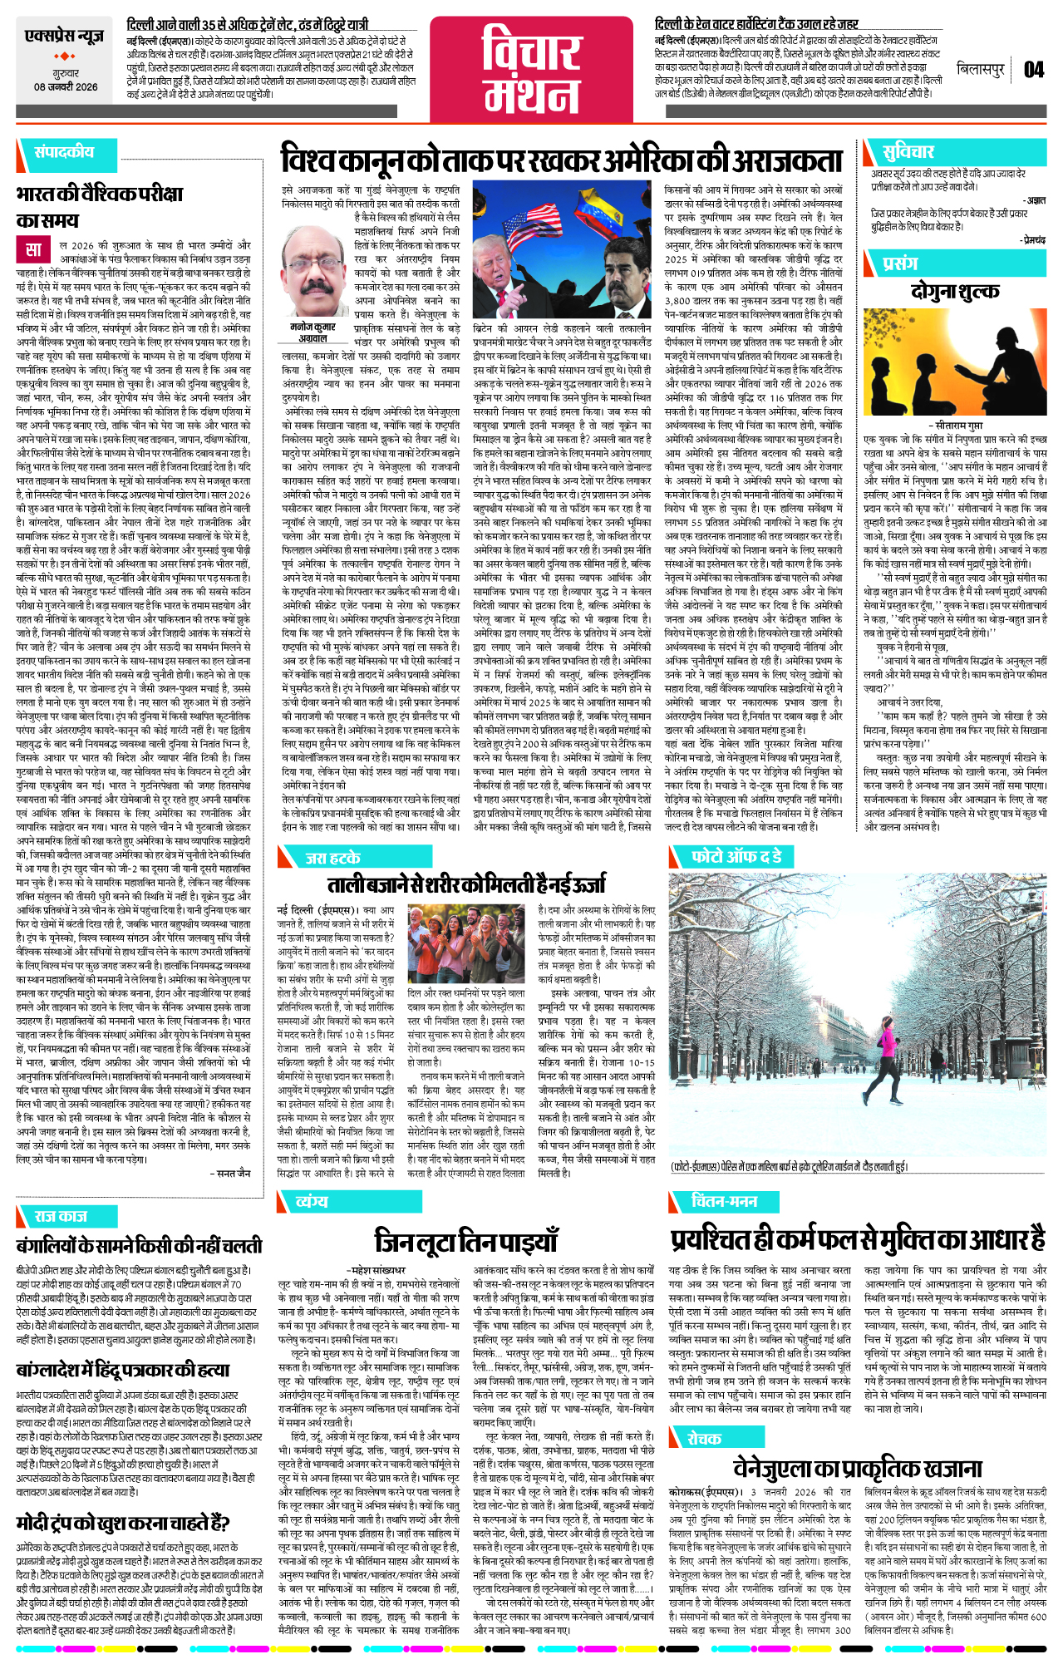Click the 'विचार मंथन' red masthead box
point(531,70)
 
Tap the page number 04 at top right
point(1033,70)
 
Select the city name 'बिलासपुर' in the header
point(981,70)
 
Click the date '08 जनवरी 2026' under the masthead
point(66,87)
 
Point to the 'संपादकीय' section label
point(64,152)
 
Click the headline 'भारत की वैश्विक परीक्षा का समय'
point(99,207)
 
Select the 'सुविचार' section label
point(908,151)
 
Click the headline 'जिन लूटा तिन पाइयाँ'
point(465,1242)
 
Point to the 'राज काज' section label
point(61,1216)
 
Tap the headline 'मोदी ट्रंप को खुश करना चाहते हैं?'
point(122,1523)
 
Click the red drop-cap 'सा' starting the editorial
point(33,250)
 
